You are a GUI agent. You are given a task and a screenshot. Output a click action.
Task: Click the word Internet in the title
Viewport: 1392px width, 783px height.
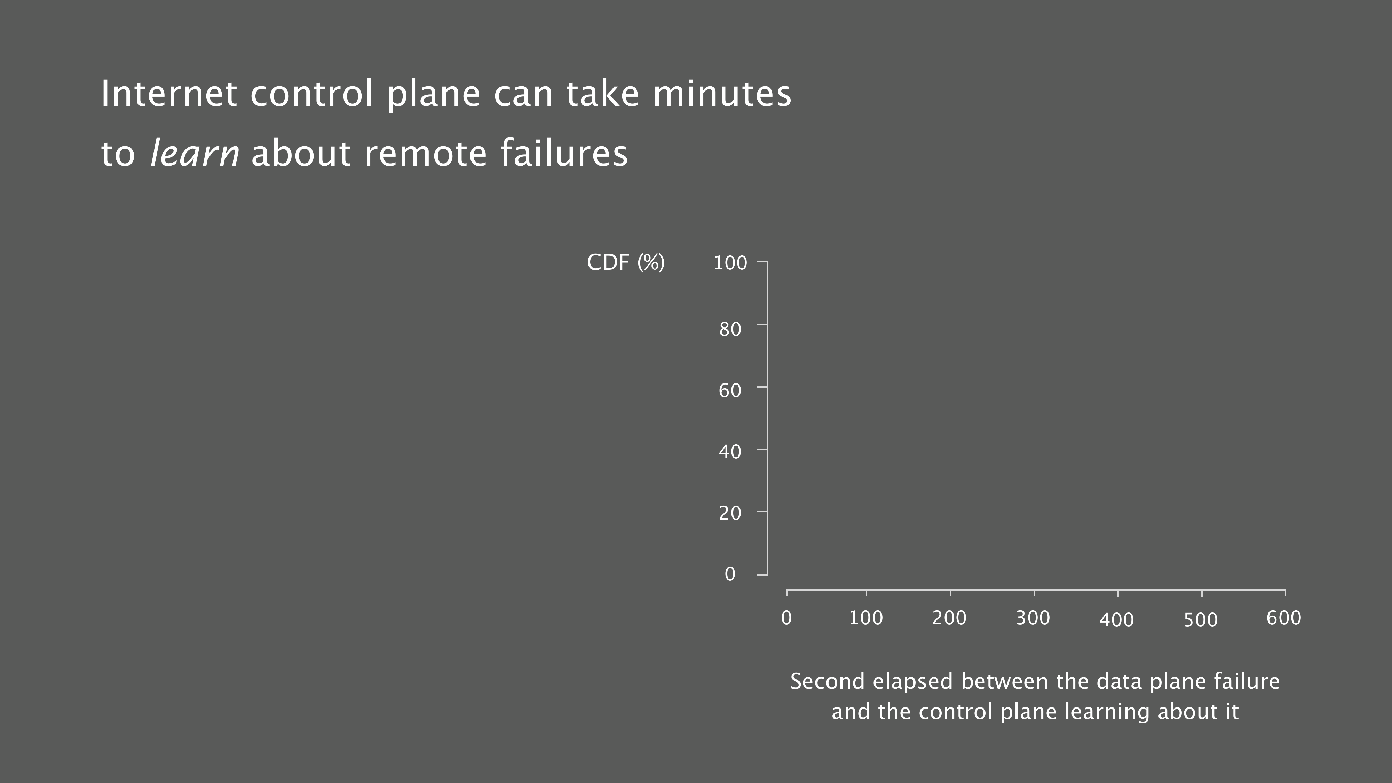[x=168, y=94]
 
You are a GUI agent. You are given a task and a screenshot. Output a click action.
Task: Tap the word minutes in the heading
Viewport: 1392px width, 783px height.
[x=722, y=94]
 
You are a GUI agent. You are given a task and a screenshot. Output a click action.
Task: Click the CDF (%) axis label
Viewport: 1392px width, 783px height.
[x=626, y=263]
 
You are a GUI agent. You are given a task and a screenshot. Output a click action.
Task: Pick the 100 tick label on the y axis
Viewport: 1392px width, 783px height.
[x=730, y=263]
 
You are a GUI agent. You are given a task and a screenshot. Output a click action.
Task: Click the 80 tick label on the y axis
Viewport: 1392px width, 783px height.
[x=730, y=329]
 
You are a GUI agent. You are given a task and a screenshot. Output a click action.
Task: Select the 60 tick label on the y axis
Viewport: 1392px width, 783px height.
[x=730, y=391]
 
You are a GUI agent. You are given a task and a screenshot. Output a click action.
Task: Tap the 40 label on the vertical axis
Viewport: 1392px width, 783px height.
[x=730, y=452]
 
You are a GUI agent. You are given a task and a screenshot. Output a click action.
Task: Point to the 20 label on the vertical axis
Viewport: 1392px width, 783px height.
[x=730, y=513]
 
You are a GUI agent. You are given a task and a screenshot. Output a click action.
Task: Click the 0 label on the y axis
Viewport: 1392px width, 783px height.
[x=730, y=574]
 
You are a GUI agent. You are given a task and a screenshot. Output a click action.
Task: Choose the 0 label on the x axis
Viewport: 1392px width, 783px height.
[x=787, y=618]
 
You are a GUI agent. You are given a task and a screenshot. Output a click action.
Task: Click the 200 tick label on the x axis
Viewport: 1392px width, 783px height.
[x=949, y=618]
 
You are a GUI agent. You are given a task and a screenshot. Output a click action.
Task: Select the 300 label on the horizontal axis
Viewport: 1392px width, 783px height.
[x=1033, y=618]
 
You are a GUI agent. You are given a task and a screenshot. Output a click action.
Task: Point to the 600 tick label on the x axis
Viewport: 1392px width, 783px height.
[x=1284, y=618]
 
